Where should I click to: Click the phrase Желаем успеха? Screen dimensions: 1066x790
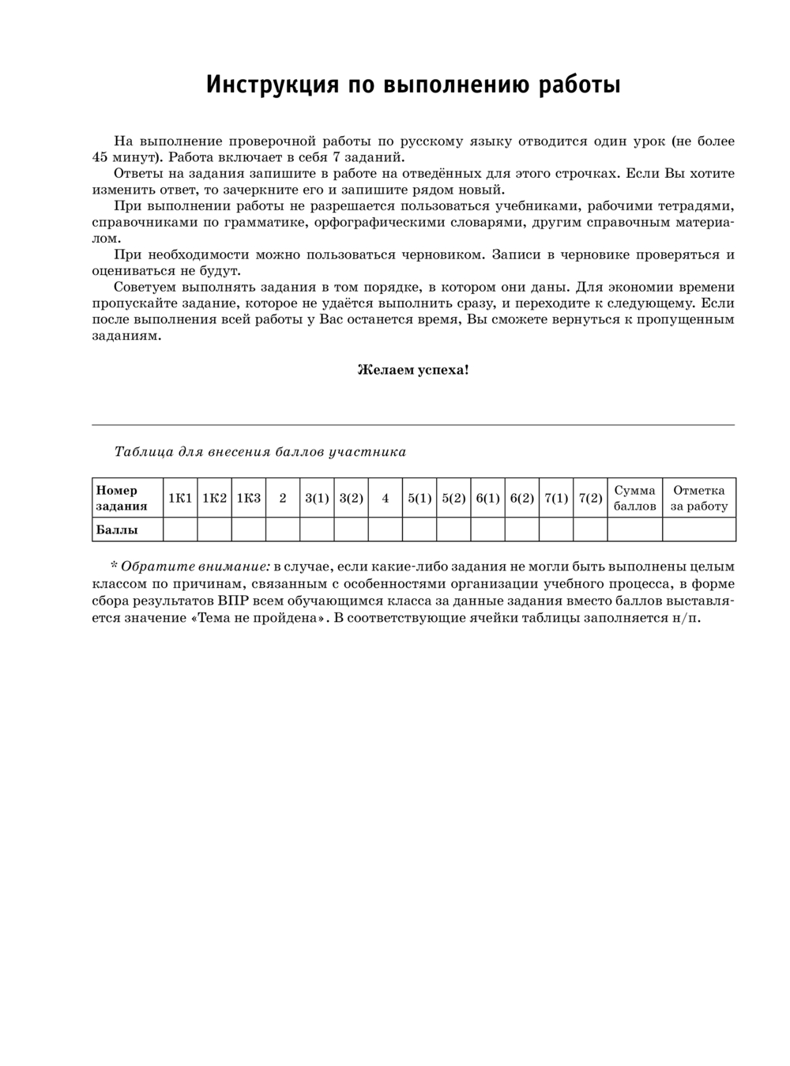[x=413, y=369]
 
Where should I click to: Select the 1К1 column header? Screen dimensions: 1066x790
[x=180, y=498]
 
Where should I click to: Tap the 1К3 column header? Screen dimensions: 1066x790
[x=249, y=498]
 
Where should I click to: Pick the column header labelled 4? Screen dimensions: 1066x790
[x=386, y=498]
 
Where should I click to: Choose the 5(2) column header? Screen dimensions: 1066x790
[x=453, y=498]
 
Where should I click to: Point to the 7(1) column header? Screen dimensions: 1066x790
[x=556, y=498]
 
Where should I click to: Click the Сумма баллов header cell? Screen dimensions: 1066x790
[x=634, y=498]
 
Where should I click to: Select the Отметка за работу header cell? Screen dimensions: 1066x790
[x=698, y=498]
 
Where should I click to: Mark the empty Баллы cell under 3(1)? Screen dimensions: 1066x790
[x=317, y=529]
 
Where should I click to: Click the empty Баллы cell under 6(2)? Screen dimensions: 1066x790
[x=522, y=529]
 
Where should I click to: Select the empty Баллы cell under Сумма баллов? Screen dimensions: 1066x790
[x=634, y=529]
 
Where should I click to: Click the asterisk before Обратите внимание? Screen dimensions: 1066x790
[x=114, y=567]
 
